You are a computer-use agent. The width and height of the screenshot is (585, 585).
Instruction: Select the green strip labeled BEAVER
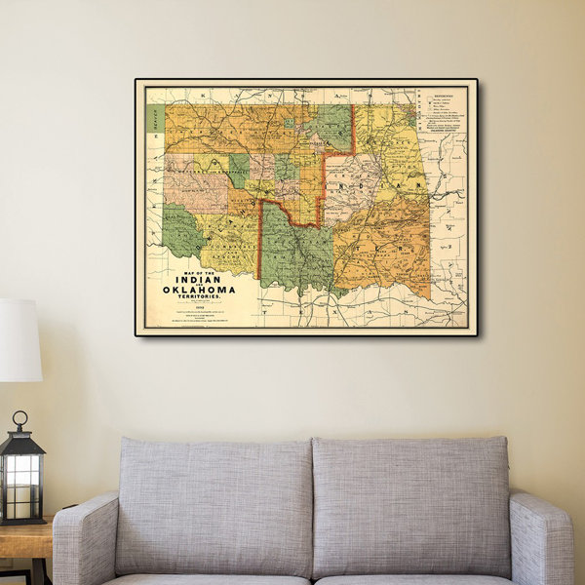coord(154,119)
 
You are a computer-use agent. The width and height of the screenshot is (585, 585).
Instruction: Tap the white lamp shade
coord(19,340)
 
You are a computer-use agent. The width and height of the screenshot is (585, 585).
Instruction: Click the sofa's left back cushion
coord(214,507)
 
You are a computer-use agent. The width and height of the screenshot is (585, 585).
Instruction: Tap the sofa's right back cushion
coord(409,507)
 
